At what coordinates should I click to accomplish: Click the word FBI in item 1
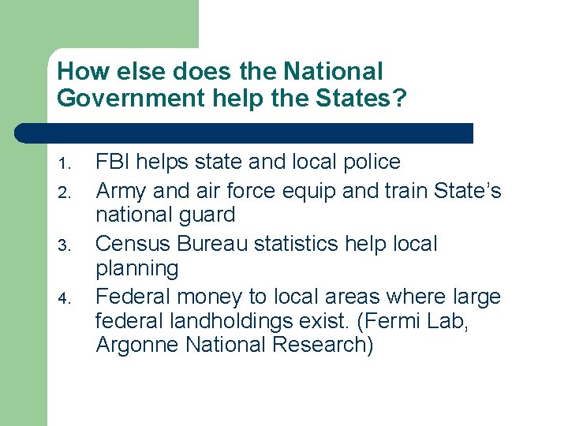[x=111, y=163]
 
